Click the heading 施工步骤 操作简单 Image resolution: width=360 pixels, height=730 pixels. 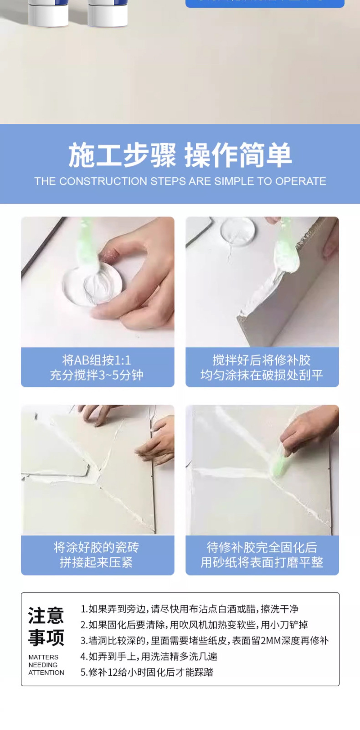coord(180,155)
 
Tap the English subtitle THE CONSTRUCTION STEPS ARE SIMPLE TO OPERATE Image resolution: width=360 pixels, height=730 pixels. coord(180,181)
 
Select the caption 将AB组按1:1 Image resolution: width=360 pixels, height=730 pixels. coord(97,360)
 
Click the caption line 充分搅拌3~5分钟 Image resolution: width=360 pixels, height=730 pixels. coord(97,375)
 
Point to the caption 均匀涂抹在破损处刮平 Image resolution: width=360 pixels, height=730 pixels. coord(262,375)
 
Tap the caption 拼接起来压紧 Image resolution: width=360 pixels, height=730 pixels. coord(97,562)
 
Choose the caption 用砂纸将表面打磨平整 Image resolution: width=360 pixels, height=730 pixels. coord(262,562)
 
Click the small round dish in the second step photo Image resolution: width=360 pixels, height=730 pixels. coord(236,233)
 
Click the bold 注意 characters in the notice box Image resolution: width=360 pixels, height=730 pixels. coord(46,616)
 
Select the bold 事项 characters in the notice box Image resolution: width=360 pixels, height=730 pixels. coord(46,637)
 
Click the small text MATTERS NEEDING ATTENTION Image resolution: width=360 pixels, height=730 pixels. coord(46,665)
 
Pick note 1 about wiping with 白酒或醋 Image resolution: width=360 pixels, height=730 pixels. coord(189,609)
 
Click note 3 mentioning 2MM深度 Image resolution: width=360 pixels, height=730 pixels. coord(204,641)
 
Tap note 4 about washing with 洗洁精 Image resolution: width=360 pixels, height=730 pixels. coord(149,657)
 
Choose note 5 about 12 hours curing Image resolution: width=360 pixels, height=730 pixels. coord(147,673)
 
